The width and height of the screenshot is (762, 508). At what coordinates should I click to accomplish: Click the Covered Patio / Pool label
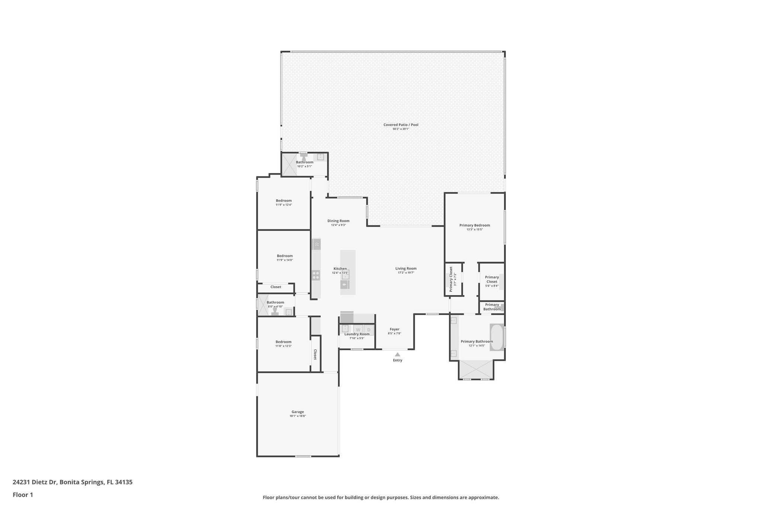click(401, 125)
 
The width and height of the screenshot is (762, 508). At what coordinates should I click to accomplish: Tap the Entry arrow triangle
click(397, 355)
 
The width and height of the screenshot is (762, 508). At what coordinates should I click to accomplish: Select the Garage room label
click(298, 412)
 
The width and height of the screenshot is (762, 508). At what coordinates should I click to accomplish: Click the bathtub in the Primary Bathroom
click(496, 337)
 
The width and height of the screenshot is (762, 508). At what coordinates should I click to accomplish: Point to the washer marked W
click(358, 330)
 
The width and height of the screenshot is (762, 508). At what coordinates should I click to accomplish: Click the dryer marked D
click(369, 330)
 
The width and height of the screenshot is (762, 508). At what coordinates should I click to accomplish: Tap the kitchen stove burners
click(316, 275)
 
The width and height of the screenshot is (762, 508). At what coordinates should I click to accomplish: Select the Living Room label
click(406, 268)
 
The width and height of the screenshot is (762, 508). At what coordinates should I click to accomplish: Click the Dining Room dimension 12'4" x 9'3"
click(339, 225)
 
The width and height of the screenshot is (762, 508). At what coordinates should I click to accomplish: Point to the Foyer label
click(394, 329)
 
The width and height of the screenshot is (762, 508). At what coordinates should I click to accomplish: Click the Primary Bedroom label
click(474, 225)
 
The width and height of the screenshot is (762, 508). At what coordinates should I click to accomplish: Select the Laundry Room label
click(357, 334)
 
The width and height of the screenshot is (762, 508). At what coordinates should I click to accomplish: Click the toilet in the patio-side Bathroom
click(304, 158)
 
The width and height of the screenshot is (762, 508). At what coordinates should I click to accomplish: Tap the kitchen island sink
click(345, 285)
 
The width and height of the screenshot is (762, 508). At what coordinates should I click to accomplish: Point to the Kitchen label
click(340, 269)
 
